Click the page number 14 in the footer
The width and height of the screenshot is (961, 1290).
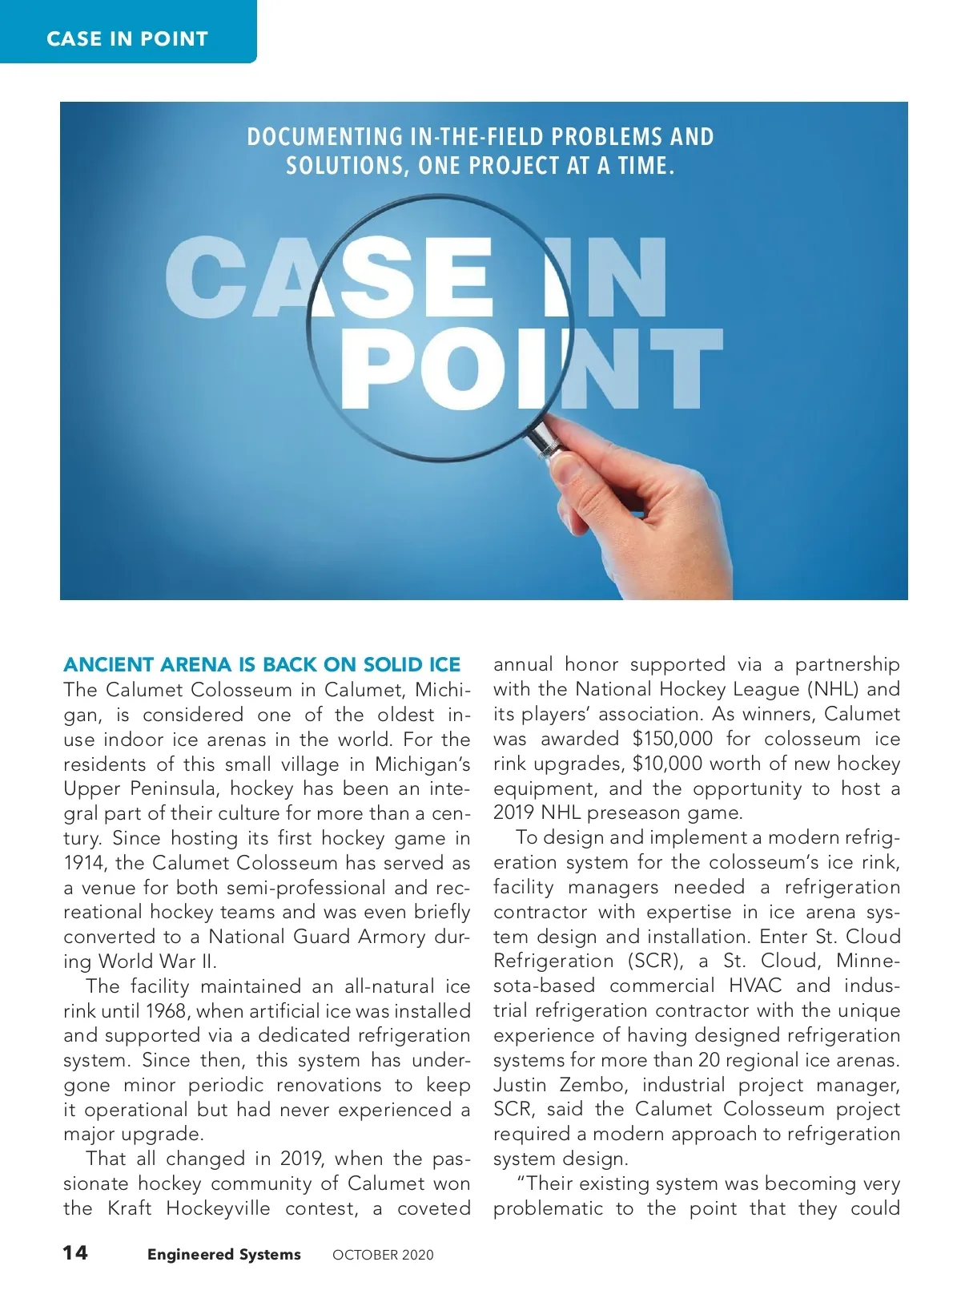76,1252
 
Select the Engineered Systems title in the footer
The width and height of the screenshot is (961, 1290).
223,1254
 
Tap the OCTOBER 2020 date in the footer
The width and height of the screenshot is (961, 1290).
383,1255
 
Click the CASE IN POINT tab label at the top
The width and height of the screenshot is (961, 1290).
127,38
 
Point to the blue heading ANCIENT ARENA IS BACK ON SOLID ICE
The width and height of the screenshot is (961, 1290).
262,664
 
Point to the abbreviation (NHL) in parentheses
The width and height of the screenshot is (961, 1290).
834,689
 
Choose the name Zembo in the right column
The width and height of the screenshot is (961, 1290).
593,1085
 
